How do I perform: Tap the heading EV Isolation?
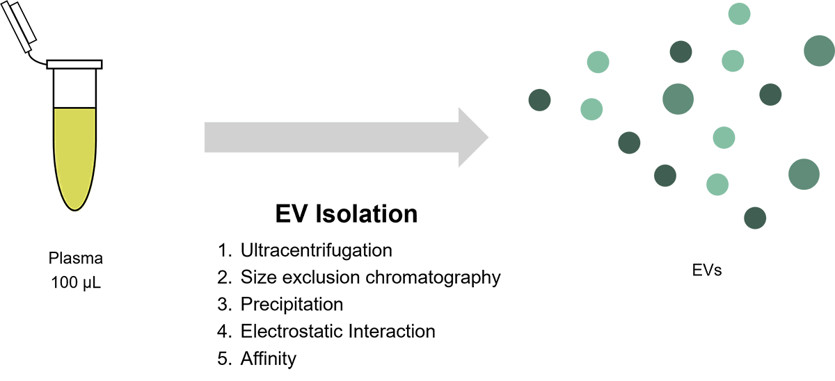[x=346, y=213]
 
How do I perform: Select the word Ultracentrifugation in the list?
[x=317, y=250]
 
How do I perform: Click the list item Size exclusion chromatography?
[x=370, y=277]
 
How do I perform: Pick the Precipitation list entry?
[x=292, y=305]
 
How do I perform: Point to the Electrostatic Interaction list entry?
[x=337, y=332]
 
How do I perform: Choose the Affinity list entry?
[x=269, y=359]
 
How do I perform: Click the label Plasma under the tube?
[x=76, y=259]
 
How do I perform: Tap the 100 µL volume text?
[x=76, y=283]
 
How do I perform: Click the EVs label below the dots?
[x=706, y=270]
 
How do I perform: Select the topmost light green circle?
[x=739, y=13]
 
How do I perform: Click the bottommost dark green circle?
[x=755, y=218]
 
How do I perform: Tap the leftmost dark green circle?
[x=539, y=100]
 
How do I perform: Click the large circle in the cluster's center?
[x=678, y=99]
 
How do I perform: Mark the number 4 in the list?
[x=223, y=332]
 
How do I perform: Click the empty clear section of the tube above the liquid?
[x=74, y=88]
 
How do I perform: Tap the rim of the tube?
[x=74, y=65]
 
